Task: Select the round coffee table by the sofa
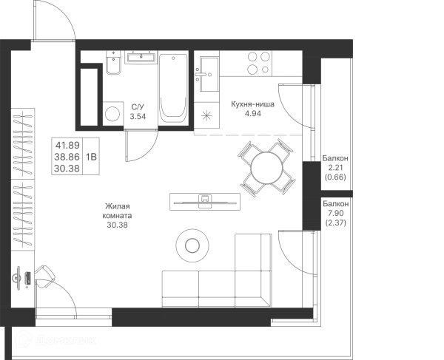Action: [192, 244]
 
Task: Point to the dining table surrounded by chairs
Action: [267, 169]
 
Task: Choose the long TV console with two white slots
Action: [204, 200]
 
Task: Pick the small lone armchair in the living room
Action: [116, 214]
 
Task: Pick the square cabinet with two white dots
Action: [73, 157]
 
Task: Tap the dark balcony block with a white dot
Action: [337, 169]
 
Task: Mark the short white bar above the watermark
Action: [73, 322]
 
